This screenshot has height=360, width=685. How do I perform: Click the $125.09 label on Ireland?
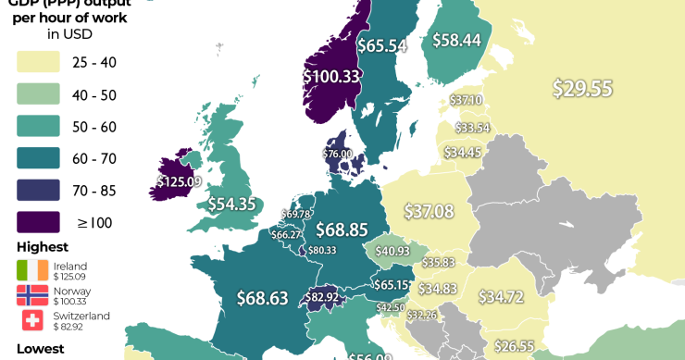(x=180, y=182)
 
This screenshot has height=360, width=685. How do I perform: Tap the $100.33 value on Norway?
(x=331, y=76)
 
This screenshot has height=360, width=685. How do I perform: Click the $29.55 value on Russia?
(x=582, y=88)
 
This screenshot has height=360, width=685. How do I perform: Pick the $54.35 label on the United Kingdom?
(x=231, y=205)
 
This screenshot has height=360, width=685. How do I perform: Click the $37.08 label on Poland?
(x=430, y=212)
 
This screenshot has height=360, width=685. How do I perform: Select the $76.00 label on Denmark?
(x=337, y=154)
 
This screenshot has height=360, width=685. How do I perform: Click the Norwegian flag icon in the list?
(x=33, y=295)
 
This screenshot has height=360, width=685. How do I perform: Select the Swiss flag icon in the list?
(x=33, y=320)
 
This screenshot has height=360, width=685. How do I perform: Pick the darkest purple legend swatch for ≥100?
(x=39, y=222)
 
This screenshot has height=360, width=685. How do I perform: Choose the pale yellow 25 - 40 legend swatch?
(x=39, y=62)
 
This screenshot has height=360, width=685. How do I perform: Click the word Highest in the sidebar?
(x=42, y=247)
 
